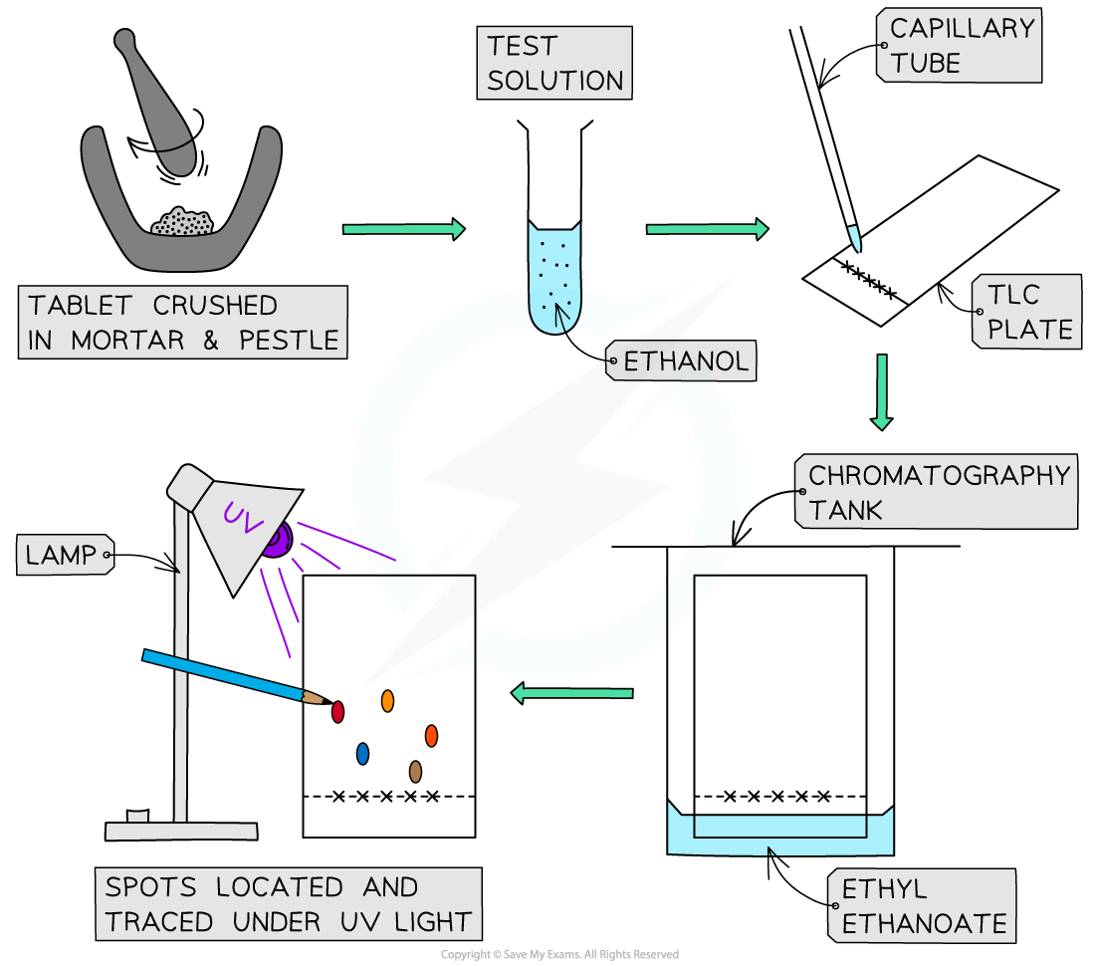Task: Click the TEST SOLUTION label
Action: [554, 63]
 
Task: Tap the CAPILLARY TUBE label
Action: [962, 46]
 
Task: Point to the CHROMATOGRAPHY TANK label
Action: [938, 492]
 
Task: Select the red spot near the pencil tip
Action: [337, 712]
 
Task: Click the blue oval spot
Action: [362, 754]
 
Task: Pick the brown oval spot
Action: [415, 771]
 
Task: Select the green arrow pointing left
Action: [571, 693]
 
